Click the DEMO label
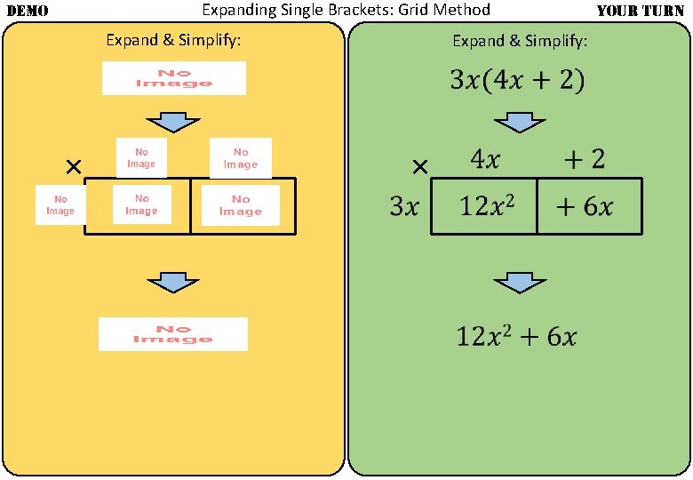coord(27,11)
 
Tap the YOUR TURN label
coord(640,11)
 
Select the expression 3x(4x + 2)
coord(517,80)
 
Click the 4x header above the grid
coord(485,160)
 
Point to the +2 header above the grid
coord(585,160)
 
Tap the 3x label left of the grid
coord(404,207)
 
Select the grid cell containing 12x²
coord(485,207)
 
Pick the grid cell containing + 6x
coord(585,207)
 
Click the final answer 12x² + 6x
coord(517,337)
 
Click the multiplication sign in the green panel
coord(420,167)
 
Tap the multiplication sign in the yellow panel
coord(74,166)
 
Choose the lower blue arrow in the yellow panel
coord(173,283)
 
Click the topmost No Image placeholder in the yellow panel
coord(173,78)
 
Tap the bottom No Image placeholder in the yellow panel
coord(173,333)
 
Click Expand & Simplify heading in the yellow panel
coord(173,40)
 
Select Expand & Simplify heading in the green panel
coord(520,41)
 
